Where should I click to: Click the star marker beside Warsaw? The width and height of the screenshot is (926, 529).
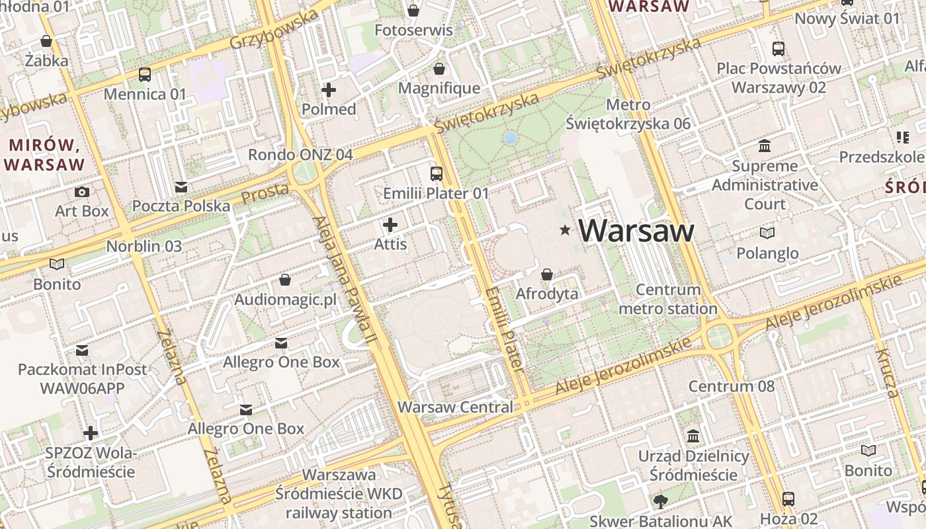tap(565, 230)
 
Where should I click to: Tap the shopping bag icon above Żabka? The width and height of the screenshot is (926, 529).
tap(46, 41)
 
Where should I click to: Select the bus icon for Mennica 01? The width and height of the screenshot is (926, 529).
tap(145, 75)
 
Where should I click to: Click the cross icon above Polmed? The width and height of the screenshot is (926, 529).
tap(329, 90)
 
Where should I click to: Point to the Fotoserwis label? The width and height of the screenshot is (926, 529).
tap(413, 30)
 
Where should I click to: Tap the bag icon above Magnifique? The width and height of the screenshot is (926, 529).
tap(439, 69)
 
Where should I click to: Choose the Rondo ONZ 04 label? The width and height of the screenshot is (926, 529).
tap(300, 155)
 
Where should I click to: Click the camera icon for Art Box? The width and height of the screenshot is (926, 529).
tap(82, 192)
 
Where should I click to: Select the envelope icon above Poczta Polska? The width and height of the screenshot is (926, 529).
tap(181, 186)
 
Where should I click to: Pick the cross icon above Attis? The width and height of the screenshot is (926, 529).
tap(390, 225)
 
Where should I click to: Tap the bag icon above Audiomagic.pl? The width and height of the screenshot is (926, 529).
tap(285, 280)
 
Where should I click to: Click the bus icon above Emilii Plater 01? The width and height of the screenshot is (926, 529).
tap(437, 174)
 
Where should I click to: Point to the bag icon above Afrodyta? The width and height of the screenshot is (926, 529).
tap(547, 274)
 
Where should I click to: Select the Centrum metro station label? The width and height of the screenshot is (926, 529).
tap(668, 299)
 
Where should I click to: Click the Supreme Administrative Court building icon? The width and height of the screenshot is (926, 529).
tap(765, 145)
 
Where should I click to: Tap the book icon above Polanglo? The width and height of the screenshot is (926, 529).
tap(767, 233)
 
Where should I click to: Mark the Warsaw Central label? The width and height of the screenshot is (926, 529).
tap(455, 407)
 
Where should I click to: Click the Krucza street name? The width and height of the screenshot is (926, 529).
tap(887, 373)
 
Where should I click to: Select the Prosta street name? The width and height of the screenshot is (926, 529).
tap(265, 194)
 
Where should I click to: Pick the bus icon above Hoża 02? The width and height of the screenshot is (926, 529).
tap(788, 499)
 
